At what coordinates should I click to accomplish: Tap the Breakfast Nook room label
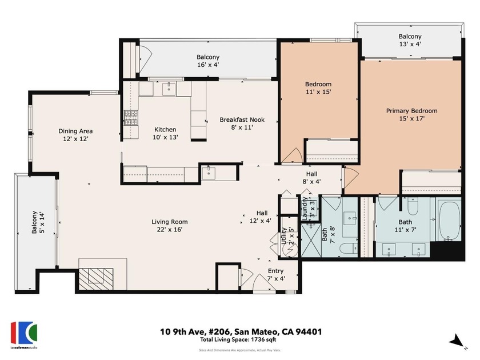(x=242, y=123)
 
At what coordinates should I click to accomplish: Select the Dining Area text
(x=75, y=134)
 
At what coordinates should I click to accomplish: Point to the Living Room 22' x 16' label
(x=170, y=226)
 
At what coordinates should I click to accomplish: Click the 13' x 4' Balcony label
(x=410, y=41)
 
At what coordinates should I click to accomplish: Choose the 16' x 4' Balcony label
(x=208, y=61)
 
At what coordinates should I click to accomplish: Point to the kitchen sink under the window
(x=169, y=89)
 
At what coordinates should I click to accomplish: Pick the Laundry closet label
(x=309, y=209)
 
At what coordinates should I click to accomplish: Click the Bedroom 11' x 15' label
(x=318, y=88)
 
